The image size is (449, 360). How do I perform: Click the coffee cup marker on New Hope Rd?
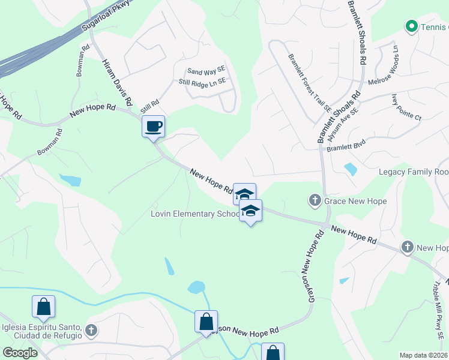153,127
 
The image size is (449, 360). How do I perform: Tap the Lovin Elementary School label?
194,214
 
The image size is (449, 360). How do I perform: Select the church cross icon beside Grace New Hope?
315,200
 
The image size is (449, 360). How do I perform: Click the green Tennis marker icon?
411,26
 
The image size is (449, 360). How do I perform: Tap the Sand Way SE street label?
205,71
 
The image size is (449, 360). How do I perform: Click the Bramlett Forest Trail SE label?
309,83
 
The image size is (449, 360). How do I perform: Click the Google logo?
20,353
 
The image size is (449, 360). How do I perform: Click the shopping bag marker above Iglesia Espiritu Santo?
44,307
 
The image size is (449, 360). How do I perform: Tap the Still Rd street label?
149,107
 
